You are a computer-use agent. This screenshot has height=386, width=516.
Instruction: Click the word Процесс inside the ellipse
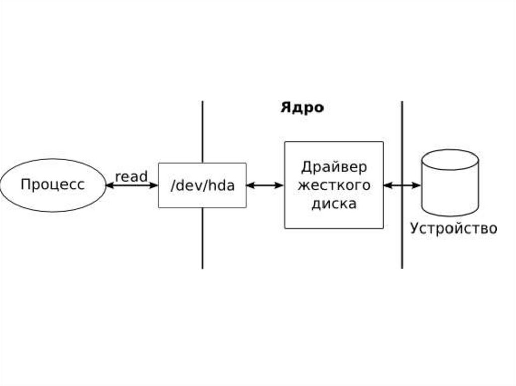pos(52,185)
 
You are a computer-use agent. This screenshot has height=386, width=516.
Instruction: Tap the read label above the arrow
pos(131,177)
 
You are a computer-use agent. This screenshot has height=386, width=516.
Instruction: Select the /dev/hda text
pos(203,185)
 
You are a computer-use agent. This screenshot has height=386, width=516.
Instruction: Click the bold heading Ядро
pos(302,108)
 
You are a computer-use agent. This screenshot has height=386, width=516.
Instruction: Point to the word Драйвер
pos(334,167)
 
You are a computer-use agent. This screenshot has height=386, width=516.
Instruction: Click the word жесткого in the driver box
pos(334,185)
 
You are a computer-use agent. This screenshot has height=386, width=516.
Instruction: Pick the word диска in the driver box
pos(334,204)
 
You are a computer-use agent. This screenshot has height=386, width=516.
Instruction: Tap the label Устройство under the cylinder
pos(454,228)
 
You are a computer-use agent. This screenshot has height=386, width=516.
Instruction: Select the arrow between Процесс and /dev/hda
pos(132,185)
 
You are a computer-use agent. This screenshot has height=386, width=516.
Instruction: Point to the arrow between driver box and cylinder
pos(402,185)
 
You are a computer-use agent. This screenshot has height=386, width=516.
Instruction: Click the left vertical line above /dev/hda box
pos(202,131)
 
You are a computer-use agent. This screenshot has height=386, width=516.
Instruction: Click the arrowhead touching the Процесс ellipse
pos(109,185)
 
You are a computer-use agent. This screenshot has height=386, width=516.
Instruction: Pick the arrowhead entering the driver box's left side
pos(280,185)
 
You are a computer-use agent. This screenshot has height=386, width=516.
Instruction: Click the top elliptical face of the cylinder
pos(449,159)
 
